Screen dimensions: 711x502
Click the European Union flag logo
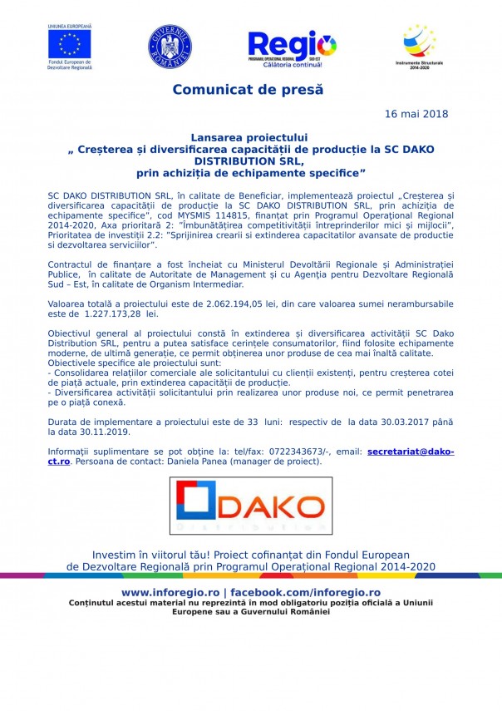(x=70, y=45)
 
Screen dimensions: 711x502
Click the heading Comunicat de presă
(x=249, y=89)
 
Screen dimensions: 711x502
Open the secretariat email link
(x=411, y=452)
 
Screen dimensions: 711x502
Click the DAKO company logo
(x=251, y=505)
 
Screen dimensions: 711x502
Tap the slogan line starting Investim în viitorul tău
(x=250, y=554)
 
